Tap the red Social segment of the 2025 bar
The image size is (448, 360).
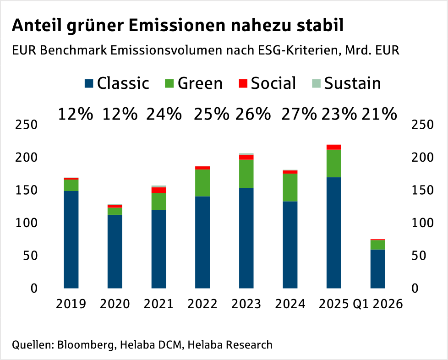(x=334, y=147)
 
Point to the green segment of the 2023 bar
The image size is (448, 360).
(x=246, y=174)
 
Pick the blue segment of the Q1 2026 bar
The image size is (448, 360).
(x=378, y=269)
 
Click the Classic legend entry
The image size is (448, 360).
(x=117, y=83)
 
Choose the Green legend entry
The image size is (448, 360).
(x=193, y=83)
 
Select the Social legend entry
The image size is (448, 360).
(x=267, y=83)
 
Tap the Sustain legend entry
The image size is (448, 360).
(x=346, y=83)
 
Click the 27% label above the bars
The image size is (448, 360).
(x=299, y=114)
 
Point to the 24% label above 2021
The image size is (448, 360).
(x=164, y=114)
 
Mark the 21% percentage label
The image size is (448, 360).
(x=379, y=114)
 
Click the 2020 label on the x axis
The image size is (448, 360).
(x=115, y=304)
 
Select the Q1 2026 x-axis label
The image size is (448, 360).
(x=377, y=304)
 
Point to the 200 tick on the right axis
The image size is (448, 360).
(x=423, y=158)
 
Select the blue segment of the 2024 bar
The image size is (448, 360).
(x=290, y=245)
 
